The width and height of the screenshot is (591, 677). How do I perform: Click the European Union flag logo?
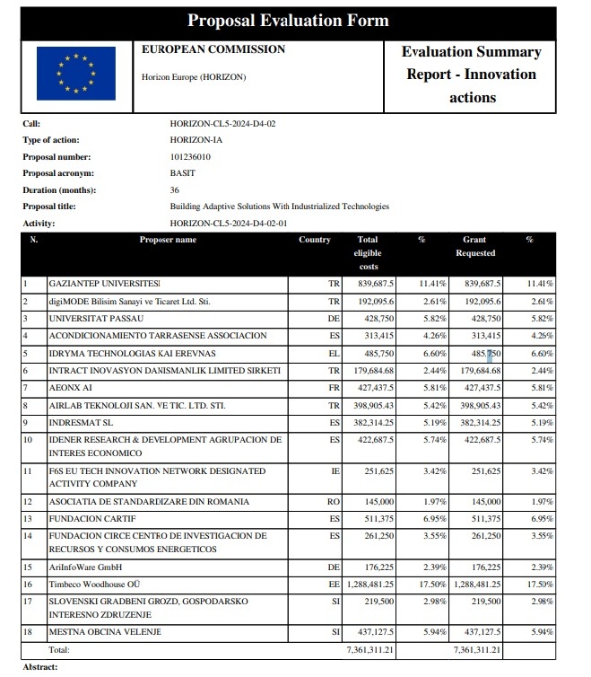[75, 74]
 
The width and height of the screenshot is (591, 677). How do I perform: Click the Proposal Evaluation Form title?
[288, 21]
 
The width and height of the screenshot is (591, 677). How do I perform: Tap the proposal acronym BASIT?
[182, 173]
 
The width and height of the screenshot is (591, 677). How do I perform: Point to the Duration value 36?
[175, 189]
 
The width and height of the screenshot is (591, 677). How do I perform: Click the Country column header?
[315, 240]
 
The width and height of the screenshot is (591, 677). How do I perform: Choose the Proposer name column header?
[168, 240]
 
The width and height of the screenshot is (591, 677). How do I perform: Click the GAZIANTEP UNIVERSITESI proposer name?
[104, 283]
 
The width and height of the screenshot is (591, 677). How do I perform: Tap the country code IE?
[335, 470]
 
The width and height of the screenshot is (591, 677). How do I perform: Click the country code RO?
[333, 502]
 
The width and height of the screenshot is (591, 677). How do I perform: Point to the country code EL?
[334, 353]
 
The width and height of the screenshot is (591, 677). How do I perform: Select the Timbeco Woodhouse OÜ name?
[100, 584]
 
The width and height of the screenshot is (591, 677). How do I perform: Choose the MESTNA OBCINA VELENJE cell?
[105, 633]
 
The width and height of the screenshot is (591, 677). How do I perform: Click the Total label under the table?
[58, 649]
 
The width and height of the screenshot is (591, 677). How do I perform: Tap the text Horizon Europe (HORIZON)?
[194, 77]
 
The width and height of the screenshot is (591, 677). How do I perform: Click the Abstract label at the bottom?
[39, 667]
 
